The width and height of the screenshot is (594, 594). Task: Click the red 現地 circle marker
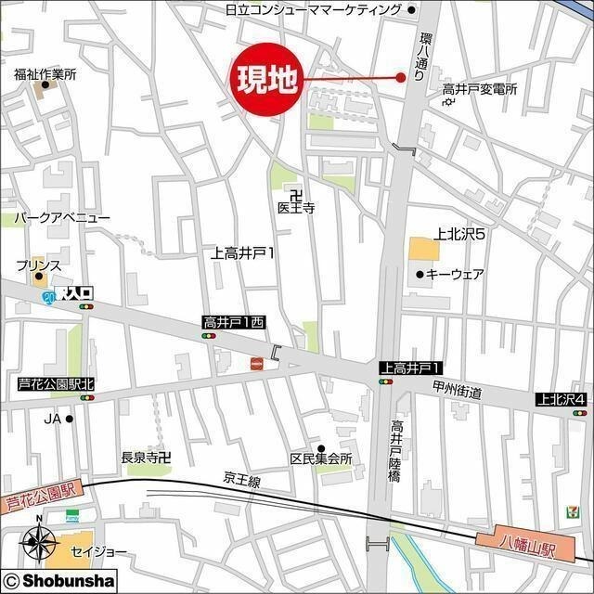266,80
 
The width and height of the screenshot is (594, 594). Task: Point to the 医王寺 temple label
296,209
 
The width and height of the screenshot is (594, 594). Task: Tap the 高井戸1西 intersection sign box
235,322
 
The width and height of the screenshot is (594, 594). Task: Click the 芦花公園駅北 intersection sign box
57,382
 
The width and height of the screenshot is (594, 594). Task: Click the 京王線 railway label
242,479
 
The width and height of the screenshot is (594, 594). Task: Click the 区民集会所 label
322,459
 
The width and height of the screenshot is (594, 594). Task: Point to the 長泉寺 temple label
146,457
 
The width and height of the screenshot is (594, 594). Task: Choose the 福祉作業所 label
45,73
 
